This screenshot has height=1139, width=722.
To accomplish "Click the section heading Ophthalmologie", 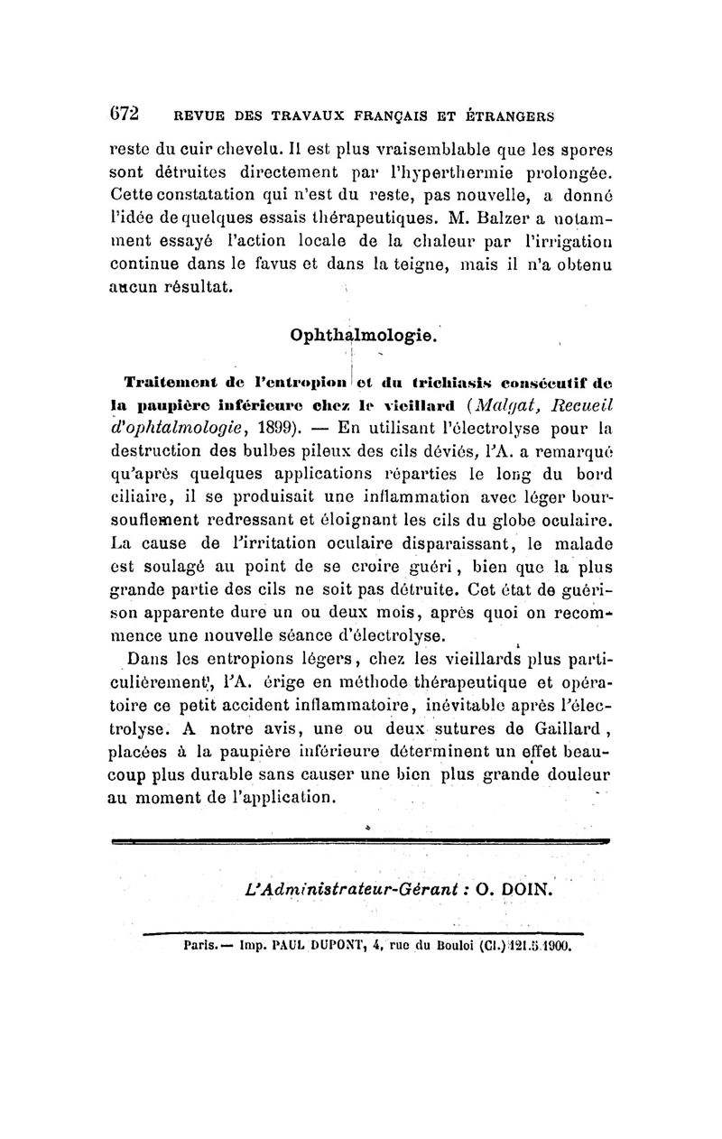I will pos(365,336).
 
